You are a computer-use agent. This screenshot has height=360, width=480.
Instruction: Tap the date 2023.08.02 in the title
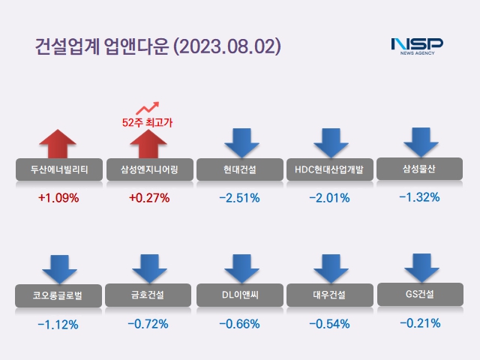[227, 46]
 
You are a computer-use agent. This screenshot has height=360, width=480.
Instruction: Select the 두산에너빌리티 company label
[58, 170]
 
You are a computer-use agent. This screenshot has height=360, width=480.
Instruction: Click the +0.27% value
[149, 199]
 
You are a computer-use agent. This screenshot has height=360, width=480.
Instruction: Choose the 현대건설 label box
[240, 170]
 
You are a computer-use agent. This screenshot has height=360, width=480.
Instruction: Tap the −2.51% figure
[239, 199]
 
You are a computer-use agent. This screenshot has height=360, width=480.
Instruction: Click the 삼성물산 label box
[420, 169]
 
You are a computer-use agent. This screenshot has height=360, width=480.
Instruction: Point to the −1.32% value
[419, 198]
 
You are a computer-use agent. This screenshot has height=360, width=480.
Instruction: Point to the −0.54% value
[329, 325]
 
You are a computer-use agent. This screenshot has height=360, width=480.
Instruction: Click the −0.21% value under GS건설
[419, 324]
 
